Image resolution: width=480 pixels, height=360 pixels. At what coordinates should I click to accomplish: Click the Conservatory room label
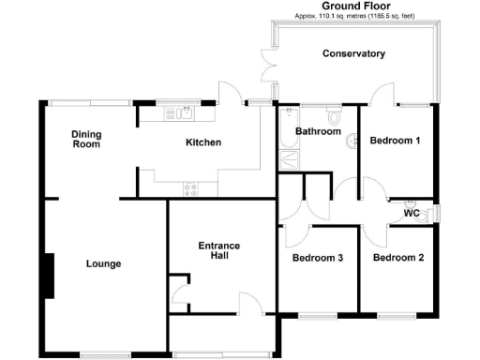click(353, 53)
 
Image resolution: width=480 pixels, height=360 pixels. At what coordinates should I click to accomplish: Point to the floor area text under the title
click(354, 17)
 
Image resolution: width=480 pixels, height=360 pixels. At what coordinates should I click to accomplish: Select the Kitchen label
click(202, 142)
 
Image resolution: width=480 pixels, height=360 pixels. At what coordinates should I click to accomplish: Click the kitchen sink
click(177, 114)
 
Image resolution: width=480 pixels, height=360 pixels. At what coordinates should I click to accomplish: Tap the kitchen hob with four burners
click(192, 188)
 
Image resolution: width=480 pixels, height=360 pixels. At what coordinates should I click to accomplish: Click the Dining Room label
click(86, 140)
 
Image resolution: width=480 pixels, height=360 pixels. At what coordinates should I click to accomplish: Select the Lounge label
click(103, 263)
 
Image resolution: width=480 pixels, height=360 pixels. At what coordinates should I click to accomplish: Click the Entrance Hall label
click(219, 251)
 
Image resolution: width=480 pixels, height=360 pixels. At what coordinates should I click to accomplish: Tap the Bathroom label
click(318, 131)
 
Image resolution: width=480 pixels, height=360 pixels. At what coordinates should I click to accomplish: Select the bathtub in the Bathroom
click(285, 131)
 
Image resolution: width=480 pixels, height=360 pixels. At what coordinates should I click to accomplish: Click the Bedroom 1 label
click(395, 141)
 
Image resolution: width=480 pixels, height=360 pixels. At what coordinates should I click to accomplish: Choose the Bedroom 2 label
click(397, 258)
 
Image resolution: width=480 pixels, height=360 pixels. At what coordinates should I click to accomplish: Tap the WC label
click(411, 214)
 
